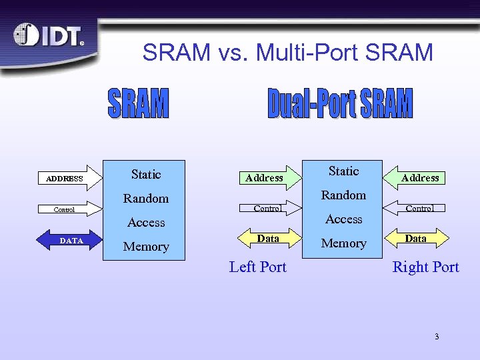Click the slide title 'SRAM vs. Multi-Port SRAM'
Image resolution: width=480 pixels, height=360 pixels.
pyautogui.click(x=287, y=52)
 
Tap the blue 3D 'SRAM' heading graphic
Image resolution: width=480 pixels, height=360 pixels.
pyautogui.click(x=138, y=103)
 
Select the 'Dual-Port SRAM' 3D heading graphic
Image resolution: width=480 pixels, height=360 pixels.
pyautogui.click(x=340, y=104)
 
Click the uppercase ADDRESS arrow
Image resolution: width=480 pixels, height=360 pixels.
pyautogui.click(x=68, y=178)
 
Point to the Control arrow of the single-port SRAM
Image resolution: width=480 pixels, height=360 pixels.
pyautogui.click(x=68, y=209)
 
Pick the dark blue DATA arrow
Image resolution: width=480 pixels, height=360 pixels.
pyautogui.click(x=68, y=241)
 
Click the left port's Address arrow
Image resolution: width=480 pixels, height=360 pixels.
pyautogui.click(x=265, y=177)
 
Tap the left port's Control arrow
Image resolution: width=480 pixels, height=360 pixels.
pyautogui.click(x=267, y=208)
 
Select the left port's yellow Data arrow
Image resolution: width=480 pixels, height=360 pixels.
pyautogui.click(x=267, y=238)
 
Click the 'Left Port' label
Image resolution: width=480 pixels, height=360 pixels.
pyautogui.click(x=257, y=267)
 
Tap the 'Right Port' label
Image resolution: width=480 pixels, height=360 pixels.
pyautogui.click(x=425, y=267)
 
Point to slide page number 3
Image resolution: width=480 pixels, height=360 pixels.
pyautogui.click(x=437, y=337)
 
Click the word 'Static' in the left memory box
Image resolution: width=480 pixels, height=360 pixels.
pyautogui.click(x=146, y=175)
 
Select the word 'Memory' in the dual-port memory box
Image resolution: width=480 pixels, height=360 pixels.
pyautogui.click(x=343, y=243)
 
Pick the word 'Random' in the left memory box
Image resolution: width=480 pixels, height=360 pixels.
pyautogui.click(x=146, y=199)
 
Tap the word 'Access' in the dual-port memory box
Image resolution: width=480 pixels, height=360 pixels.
pyautogui.click(x=343, y=219)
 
